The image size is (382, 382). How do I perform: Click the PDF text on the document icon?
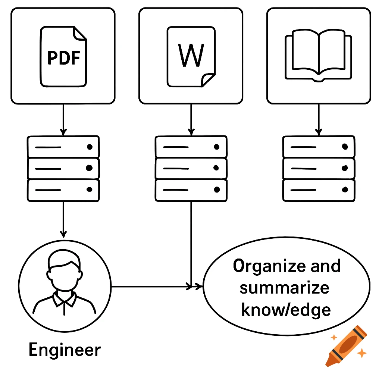click(x=63, y=57)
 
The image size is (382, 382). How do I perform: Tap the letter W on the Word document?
click(x=191, y=56)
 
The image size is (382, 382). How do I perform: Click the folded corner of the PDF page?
click(x=79, y=34)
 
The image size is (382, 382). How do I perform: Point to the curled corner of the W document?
click(x=208, y=79)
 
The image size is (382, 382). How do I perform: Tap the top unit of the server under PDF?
click(x=63, y=147)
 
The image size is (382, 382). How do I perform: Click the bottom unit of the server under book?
click(x=319, y=190)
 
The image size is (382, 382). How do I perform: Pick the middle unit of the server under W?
click(x=191, y=168)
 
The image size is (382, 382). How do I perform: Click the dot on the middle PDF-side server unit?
click(x=89, y=168)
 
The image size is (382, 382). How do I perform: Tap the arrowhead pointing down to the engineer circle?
click(x=63, y=234)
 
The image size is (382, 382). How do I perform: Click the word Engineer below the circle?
click(x=65, y=350)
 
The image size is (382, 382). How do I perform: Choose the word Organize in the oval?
click(x=269, y=266)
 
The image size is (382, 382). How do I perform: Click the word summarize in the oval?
click(x=284, y=288)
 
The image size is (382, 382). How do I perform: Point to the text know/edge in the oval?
click(x=286, y=310)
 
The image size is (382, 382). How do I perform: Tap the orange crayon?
click(x=346, y=345)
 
